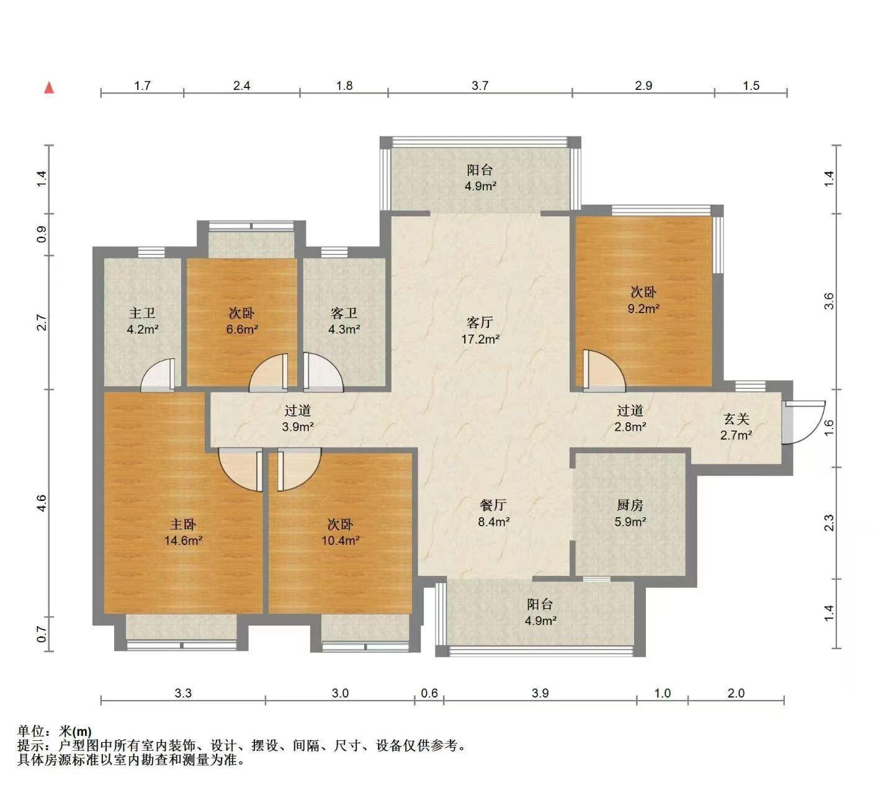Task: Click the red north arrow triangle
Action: [50, 88]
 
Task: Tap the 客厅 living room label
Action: [480, 322]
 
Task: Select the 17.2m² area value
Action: [480, 339]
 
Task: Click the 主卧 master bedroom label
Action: [183, 524]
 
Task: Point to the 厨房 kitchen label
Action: [630, 505]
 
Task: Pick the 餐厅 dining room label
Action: [493, 505]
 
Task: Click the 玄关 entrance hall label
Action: [736, 419]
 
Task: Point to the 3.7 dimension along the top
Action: [480, 86]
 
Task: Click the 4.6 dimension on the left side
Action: [42, 503]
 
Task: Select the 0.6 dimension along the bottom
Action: [429, 693]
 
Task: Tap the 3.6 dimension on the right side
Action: [829, 301]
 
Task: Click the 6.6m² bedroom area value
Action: [242, 329]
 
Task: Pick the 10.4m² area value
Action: [340, 540]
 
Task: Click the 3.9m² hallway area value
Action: [297, 427]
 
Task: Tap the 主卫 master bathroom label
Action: [142, 313]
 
